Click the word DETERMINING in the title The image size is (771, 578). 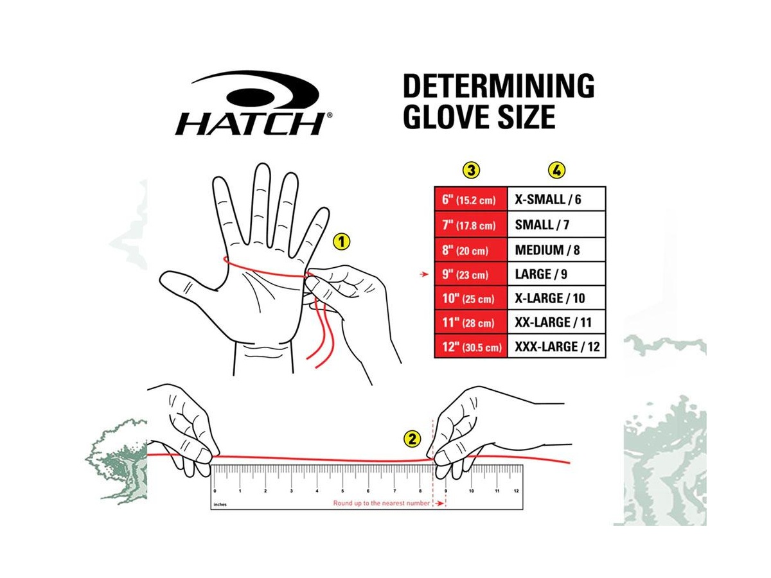point(498,86)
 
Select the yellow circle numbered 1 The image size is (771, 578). point(341,241)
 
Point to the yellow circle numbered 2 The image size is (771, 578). point(412,439)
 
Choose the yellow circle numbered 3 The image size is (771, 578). point(471,170)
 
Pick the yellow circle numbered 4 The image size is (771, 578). point(557,170)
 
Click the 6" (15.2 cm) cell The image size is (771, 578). point(471,199)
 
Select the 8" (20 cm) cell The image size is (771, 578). point(471,250)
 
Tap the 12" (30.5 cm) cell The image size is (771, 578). point(471,346)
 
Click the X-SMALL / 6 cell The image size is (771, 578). point(556,199)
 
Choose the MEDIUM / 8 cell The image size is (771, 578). point(556,250)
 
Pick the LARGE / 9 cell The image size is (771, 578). point(556,274)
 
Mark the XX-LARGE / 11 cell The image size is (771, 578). point(556,322)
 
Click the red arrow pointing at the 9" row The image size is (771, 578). point(424,274)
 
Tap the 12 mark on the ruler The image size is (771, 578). point(516,491)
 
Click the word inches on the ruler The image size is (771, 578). point(220,505)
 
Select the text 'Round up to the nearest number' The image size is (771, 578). point(381,503)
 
